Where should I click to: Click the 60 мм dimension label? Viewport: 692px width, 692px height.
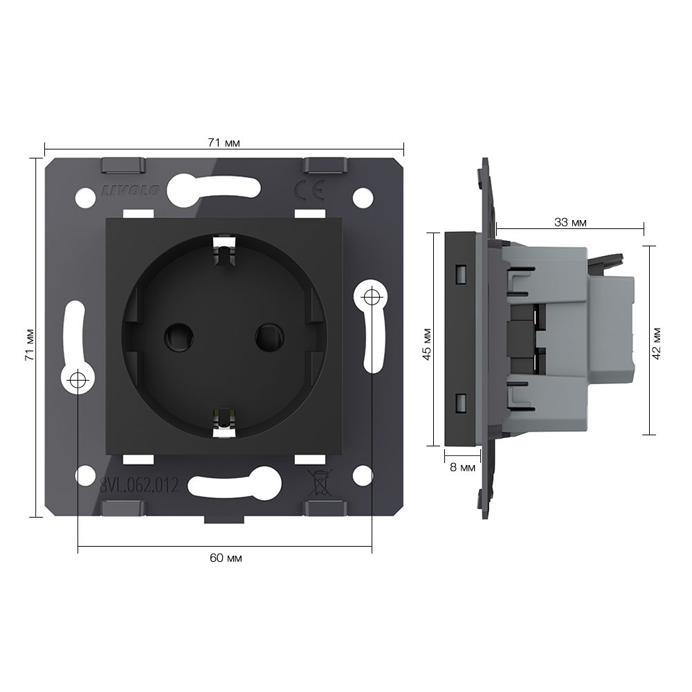tap(226, 558)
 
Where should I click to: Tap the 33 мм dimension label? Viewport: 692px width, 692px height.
tap(570, 222)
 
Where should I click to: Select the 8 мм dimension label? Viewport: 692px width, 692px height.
tap(462, 467)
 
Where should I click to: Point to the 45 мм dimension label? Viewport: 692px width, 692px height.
tap(427, 344)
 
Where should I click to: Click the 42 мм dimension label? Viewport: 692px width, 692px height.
tap(656, 343)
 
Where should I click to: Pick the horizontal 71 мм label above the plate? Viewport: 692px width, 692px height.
tap(224, 143)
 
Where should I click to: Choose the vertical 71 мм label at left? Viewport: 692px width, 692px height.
tap(29, 345)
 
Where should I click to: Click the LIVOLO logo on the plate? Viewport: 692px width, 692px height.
tap(130, 191)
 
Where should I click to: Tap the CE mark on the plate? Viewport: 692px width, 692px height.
tap(309, 190)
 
